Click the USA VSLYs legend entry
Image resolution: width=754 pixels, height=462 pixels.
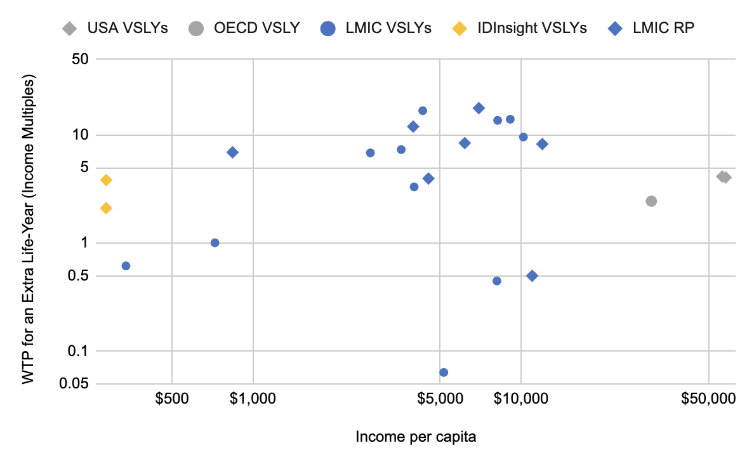tap(115, 28)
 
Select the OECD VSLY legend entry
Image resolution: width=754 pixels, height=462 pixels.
tap(244, 28)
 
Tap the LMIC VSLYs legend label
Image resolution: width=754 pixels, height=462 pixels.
tap(388, 28)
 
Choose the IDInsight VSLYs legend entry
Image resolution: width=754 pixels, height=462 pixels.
tap(520, 28)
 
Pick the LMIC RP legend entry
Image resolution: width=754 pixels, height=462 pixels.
tap(652, 28)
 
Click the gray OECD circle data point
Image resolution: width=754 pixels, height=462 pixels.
tap(651, 201)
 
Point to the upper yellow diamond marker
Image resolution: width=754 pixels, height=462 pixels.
tap(106, 180)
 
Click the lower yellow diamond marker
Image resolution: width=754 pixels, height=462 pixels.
tap(106, 208)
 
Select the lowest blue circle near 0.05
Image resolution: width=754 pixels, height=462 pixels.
tap(444, 372)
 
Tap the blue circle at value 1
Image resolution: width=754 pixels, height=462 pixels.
tap(215, 243)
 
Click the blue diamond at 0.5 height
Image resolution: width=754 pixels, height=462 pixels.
tap(532, 275)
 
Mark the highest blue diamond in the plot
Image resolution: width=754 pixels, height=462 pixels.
tap(479, 108)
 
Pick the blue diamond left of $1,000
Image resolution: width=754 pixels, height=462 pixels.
tap(232, 152)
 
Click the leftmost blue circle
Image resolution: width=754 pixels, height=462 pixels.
tap(126, 266)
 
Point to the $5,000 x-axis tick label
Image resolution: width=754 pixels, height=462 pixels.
tap(440, 399)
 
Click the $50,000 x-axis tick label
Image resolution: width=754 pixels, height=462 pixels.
tap(708, 399)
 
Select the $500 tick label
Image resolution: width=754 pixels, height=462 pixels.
tap(171, 399)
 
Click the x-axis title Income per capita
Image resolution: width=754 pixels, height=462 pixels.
tap(416, 437)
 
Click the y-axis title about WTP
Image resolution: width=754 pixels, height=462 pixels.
tap(29, 229)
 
